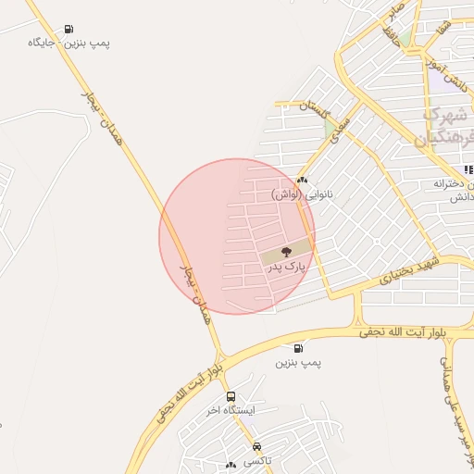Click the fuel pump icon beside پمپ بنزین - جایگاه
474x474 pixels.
[69, 28]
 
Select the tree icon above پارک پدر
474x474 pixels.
[285, 250]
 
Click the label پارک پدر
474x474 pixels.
[286, 267]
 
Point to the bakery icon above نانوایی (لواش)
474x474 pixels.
[302, 180]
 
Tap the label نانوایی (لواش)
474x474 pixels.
[301, 194]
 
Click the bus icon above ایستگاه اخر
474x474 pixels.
[231, 395]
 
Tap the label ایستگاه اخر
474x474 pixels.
[231, 409]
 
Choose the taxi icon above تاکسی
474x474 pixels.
[256, 446]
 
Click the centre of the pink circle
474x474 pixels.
[237, 236]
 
